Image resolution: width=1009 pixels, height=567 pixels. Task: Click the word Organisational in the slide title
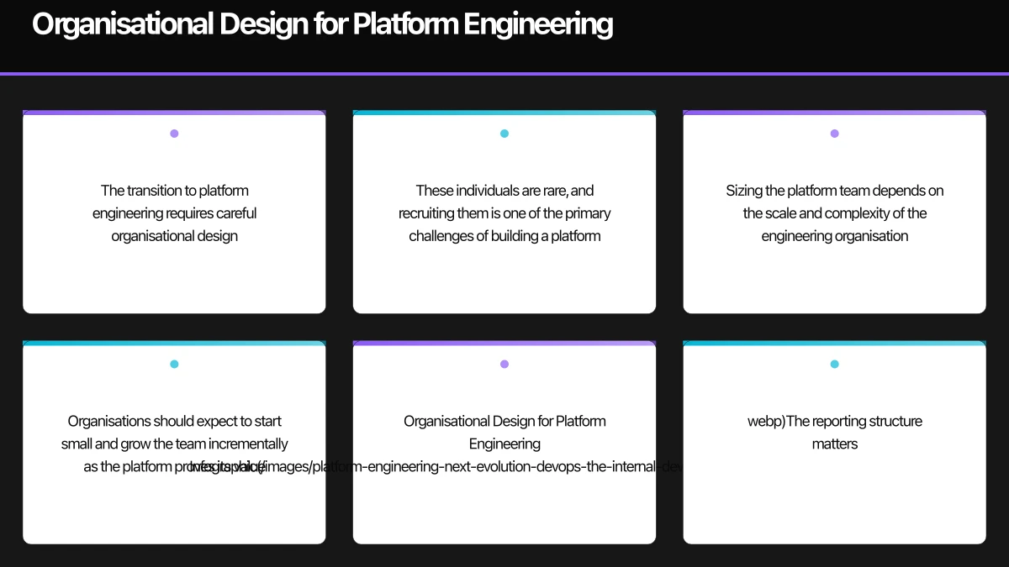pyautogui.click(x=122, y=24)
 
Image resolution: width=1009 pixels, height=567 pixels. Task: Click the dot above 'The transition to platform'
pyautogui.click(x=174, y=134)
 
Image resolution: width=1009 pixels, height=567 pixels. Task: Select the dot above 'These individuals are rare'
pyautogui.click(x=504, y=134)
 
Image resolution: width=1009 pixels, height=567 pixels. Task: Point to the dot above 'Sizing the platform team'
pyautogui.click(x=834, y=134)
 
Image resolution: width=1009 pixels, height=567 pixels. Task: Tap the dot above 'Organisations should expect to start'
pyautogui.click(x=174, y=365)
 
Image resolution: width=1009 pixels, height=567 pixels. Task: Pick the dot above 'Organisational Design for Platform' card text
pyautogui.click(x=504, y=365)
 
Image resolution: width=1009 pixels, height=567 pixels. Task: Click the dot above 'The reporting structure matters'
pyautogui.click(x=834, y=365)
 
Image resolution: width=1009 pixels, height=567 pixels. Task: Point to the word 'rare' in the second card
pyautogui.click(x=551, y=191)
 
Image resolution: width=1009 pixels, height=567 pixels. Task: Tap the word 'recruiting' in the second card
pyautogui.click(x=425, y=213)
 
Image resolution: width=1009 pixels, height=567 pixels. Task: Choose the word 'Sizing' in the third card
pyautogui.click(x=744, y=191)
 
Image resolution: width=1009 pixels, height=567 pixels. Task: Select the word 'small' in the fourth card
pyautogui.click(x=77, y=444)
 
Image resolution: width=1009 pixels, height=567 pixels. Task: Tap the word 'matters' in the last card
pyautogui.click(x=834, y=444)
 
